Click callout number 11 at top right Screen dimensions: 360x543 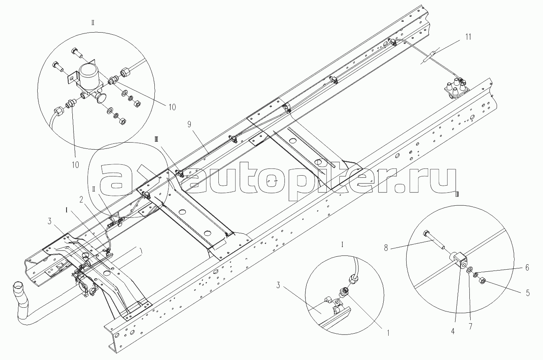pyautogui.click(x=468, y=37)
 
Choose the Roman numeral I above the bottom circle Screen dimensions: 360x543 pyautogui.click(x=343, y=244)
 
